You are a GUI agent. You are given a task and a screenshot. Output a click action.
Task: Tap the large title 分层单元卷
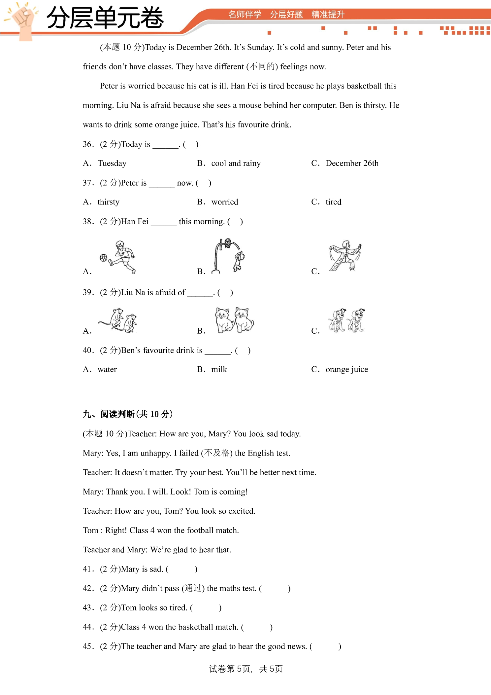tap(105, 18)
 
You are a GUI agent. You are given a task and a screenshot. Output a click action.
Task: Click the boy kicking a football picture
tap(118, 257)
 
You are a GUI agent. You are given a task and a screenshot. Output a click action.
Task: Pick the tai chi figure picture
tap(345, 256)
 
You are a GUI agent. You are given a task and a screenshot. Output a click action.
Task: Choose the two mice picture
tap(118, 320)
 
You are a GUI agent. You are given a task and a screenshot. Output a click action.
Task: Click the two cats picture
tap(234, 319)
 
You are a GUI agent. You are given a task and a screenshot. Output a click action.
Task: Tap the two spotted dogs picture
tap(346, 320)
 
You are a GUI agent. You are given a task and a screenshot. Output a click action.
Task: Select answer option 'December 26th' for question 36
tap(352, 164)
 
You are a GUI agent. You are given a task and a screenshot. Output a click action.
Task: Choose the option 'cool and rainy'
tap(236, 164)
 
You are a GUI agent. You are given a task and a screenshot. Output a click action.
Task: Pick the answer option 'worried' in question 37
tap(225, 202)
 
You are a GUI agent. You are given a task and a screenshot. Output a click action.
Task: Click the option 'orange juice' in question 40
tap(347, 370)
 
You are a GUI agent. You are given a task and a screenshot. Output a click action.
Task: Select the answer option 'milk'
tap(219, 370)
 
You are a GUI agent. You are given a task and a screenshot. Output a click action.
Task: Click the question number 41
tap(87, 569)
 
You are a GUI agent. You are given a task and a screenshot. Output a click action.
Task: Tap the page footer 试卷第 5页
tap(230, 669)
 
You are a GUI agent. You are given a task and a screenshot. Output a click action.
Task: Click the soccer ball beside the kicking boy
tap(103, 258)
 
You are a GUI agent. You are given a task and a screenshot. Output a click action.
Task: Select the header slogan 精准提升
tap(328, 15)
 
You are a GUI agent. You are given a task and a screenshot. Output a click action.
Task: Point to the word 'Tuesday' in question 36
tap(112, 164)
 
